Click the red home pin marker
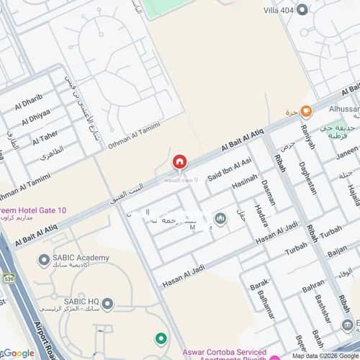tap(179, 162)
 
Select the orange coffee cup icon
tap(306, 111)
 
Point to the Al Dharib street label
tap(28, 99)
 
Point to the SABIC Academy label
tap(79, 258)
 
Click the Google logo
tap(19, 352)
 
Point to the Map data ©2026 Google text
tap(322, 356)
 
